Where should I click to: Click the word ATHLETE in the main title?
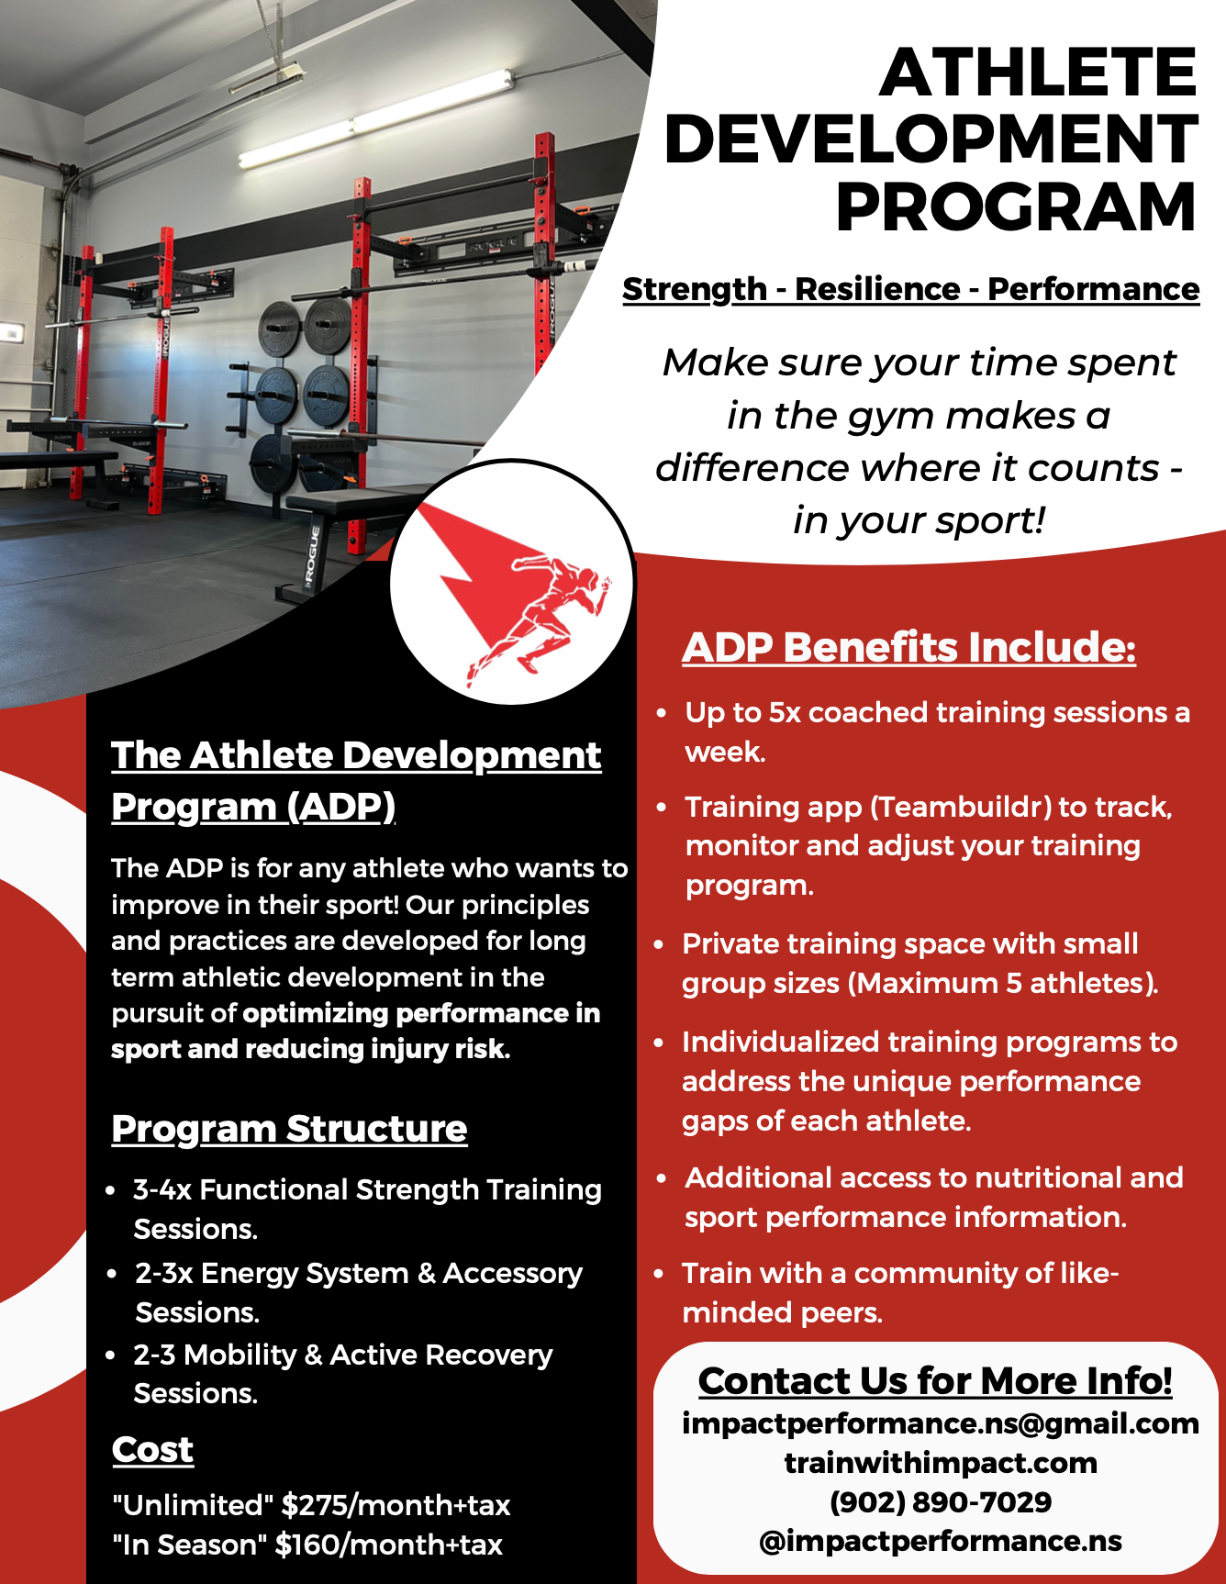(x=1038, y=73)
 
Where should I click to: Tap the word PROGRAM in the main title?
(x=1016, y=207)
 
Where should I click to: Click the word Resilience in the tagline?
(x=877, y=289)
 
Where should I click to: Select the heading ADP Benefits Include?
(x=908, y=647)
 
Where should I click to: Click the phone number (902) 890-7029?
(x=940, y=1502)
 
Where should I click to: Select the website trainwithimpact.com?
(x=940, y=1463)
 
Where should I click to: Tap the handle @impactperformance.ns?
(x=940, y=1541)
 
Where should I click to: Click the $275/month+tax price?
(x=396, y=1505)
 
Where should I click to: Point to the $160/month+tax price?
(x=389, y=1545)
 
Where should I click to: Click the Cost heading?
(x=152, y=1450)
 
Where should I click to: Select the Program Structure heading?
(x=289, y=1129)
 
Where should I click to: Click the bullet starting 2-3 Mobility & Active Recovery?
(x=342, y=1355)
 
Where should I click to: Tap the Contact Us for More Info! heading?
(x=935, y=1381)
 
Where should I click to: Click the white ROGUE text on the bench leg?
(x=312, y=556)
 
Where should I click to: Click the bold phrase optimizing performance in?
(x=421, y=1013)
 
